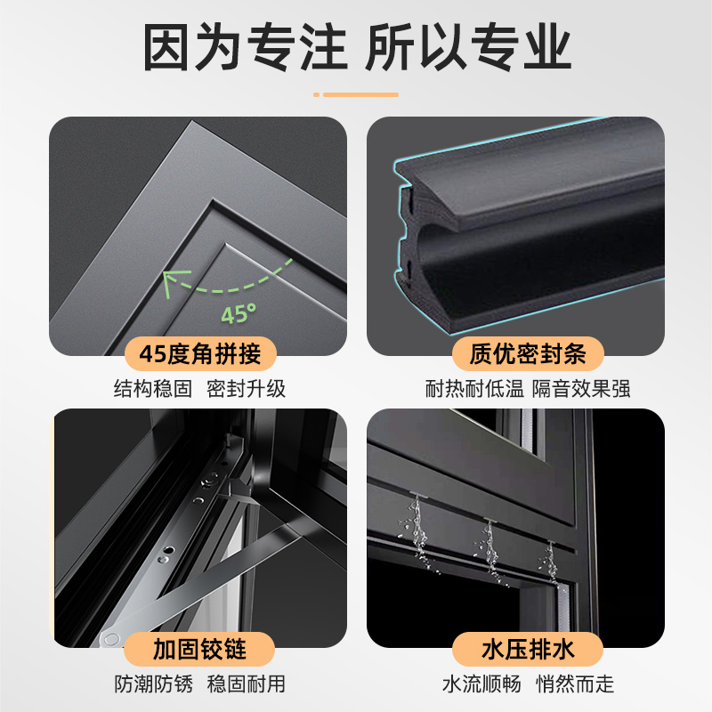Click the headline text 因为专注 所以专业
click(x=357, y=47)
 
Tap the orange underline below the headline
click(x=356, y=94)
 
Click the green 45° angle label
click(x=239, y=313)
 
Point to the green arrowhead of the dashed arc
click(x=173, y=281)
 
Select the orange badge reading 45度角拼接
click(x=200, y=353)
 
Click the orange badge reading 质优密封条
click(x=528, y=353)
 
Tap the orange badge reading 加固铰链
click(x=199, y=649)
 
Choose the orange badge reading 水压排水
click(x=528, y=649)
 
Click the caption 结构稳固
click(x=152, y=389)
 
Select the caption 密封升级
click(x=247, y=389)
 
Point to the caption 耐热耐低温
click(x=474, y=389)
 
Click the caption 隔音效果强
click(x=581, y=389)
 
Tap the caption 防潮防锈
click(x=153, y=684)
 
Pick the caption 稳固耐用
click(x=247, y=684)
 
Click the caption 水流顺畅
click(x=481, y=684)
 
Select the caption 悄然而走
click(x=575, y=684)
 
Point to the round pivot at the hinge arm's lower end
click(x=110, y=639)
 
